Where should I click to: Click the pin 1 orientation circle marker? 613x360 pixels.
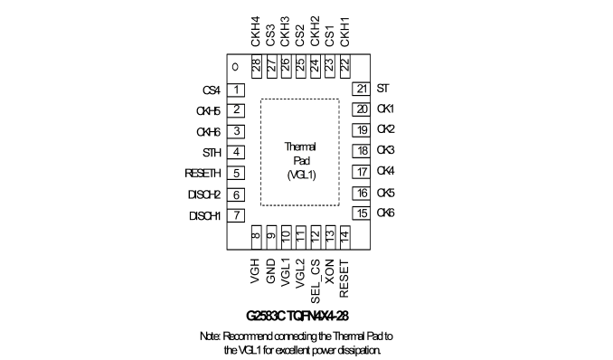(235, 67)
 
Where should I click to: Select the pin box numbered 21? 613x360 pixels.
(362, 89)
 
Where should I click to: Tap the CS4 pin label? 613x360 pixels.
(212, 90)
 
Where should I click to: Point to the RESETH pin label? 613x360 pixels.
(203, 174)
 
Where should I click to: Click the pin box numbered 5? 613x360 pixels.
(236, 174)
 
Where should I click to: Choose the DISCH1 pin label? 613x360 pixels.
(205, 216)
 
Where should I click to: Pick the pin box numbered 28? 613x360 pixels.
(257, 66)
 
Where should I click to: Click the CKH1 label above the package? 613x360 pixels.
(344, 32)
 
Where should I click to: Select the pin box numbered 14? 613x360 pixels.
(344, 237)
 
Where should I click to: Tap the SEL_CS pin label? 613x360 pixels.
(316, 281)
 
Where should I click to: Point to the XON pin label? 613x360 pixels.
(330, 271)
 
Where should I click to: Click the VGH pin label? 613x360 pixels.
(256, 271)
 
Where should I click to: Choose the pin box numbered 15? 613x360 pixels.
(362, 213)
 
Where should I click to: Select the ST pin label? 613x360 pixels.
(382, 89)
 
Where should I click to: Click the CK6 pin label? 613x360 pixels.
(385, 213)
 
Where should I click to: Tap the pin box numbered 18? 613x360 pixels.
(362, 151)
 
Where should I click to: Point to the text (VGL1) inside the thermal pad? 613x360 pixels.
(301, 175)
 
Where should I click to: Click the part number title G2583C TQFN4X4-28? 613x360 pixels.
(297, 316)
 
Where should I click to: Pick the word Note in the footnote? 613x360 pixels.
(210, 336)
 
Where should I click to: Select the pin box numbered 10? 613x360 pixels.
(287, 237)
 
